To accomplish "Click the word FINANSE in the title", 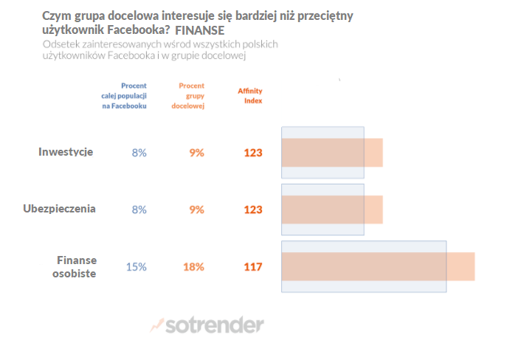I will (200, 31).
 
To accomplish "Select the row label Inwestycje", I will (66, 152).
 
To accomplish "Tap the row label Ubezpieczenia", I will (60, 209).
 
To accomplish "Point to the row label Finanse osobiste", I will (76, 266).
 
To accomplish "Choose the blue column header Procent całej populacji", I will (123, 96).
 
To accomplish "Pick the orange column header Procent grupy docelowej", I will (190, 96).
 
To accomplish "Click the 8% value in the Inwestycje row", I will (139, 153).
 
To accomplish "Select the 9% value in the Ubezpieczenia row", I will (196, 210).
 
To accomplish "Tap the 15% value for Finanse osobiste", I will (136, 266).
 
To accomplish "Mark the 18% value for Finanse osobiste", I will (193, 266).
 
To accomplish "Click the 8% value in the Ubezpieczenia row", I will (139, 210).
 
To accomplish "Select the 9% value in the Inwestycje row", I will (196, 153).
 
